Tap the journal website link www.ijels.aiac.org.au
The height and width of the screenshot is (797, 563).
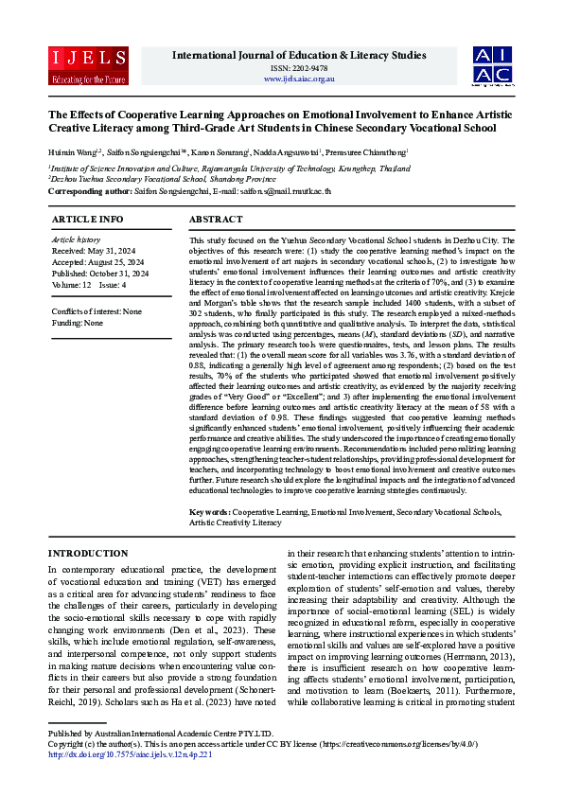point(299,79)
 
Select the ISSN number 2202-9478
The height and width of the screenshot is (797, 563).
point(299,68)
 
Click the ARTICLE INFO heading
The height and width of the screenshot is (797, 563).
point(87,219)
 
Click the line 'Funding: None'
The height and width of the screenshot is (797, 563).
point(78,323)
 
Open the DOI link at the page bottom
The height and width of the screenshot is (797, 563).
point(130,781)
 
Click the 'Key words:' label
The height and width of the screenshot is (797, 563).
point(210,511)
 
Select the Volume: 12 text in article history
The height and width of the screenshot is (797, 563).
point(73,282)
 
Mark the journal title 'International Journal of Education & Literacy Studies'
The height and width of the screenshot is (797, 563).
point(299,55)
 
